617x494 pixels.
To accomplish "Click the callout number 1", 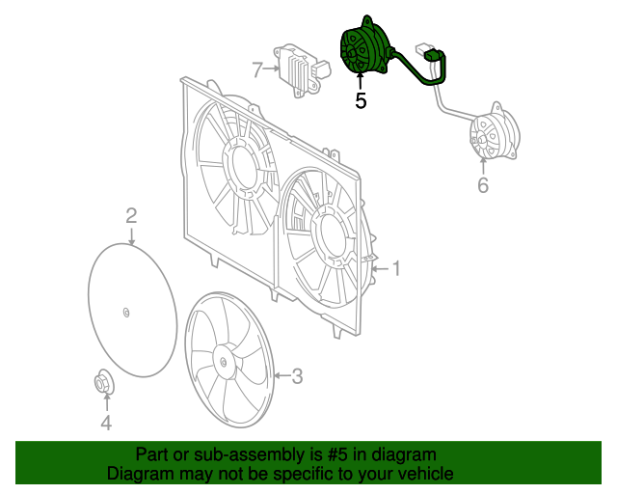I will click(x=394, y=268).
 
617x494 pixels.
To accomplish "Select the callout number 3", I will click(x=298, y=375).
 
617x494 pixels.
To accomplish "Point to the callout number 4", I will click(x=106, y=422).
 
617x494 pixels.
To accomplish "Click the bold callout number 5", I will click(x=361, y=99).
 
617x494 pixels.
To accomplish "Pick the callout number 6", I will click(x=483, y=183).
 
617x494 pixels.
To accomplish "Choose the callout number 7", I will click(x=257, y=69).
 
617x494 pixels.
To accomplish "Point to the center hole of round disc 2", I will click(x=127, y=311).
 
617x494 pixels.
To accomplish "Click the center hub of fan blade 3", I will click(x=224, y=362).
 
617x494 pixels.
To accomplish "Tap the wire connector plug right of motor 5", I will click(x=428, y=50).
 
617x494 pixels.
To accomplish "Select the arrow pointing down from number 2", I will click(x=131, y=234).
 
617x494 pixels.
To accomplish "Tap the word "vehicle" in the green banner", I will click(x=423, y=474).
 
